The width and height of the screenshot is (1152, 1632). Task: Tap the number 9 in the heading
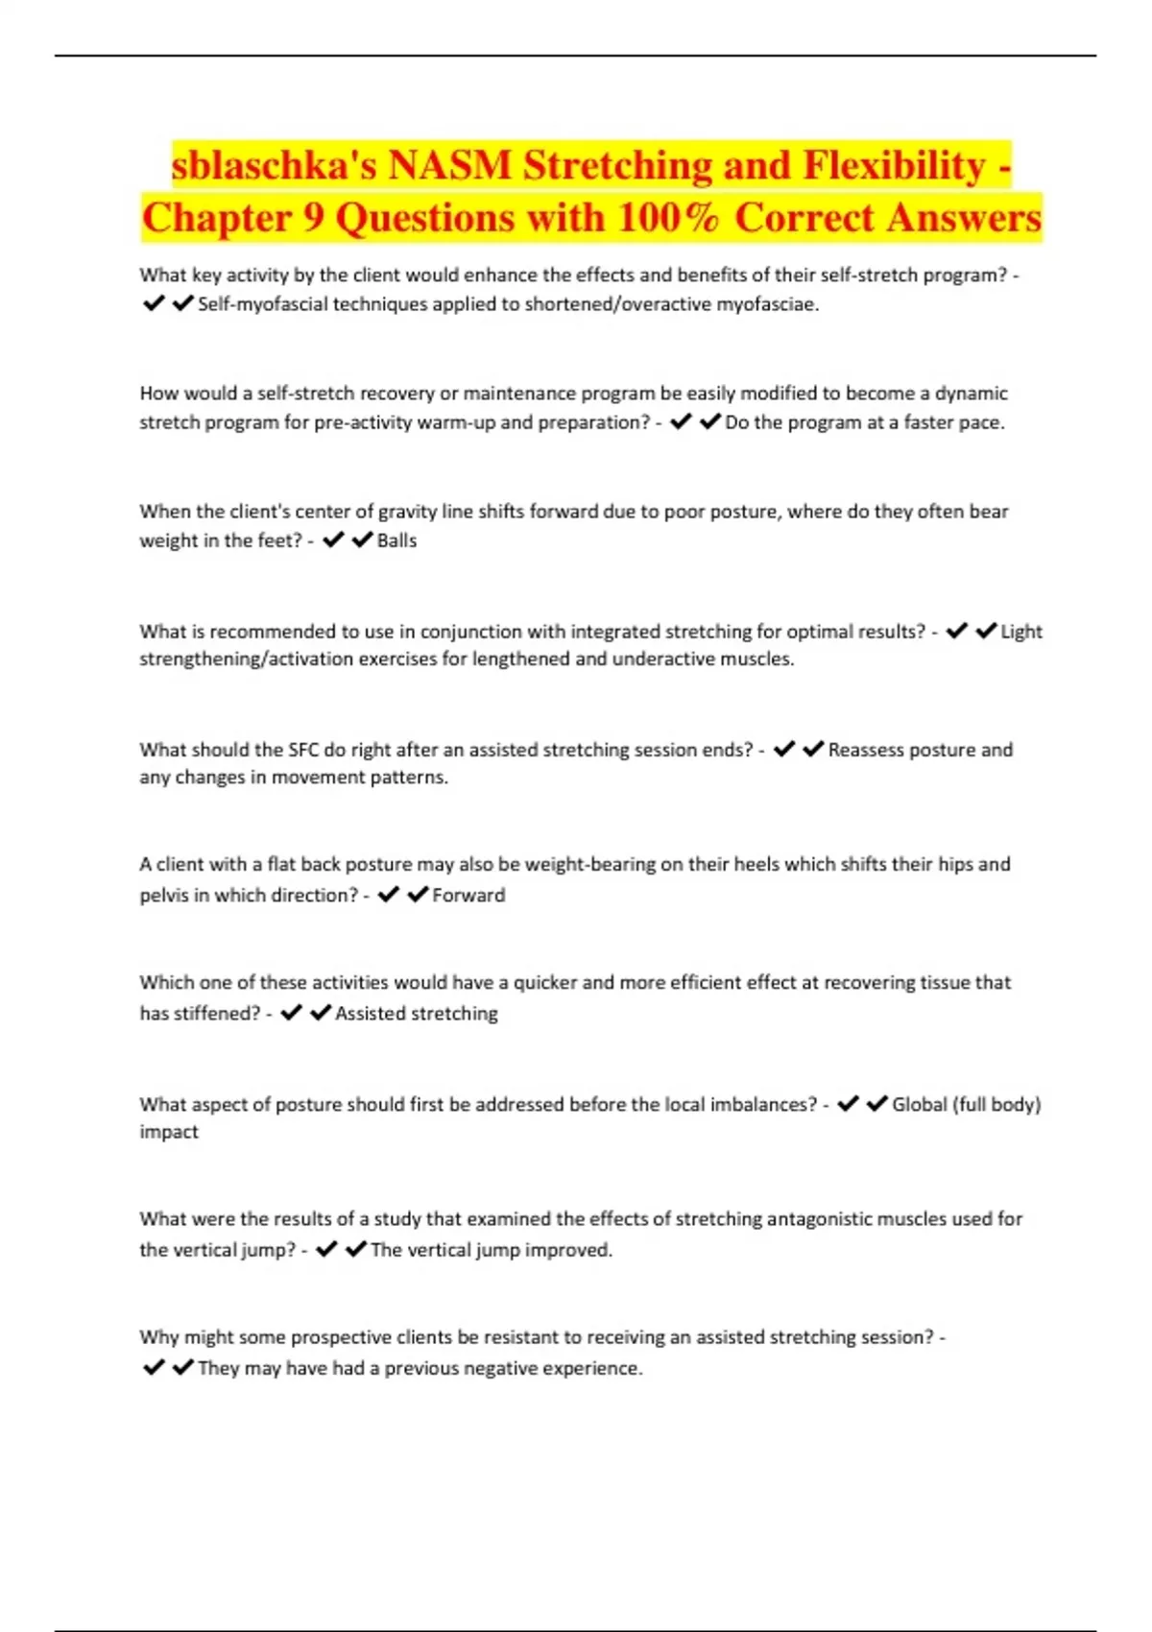click(x=314, y=218)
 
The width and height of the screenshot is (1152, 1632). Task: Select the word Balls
click(x=396, y=540)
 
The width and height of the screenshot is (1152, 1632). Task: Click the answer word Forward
click(x=468, y=895)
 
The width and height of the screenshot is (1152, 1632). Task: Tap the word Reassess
click(x=868, y=750)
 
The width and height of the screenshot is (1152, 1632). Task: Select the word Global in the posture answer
click(x=919, y=1104)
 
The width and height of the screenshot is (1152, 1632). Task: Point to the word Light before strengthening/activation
click(x=1021, y=632)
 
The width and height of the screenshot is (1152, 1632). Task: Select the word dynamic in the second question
click(x=972, y=393)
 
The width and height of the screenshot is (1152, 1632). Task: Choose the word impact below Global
click(x=169, y=1132)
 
